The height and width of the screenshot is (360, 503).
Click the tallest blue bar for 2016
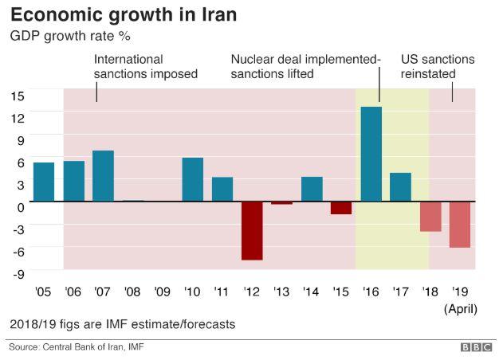tap(371, 154)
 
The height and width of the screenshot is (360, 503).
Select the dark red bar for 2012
tap(253, 230)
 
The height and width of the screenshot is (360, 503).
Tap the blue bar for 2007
tap(104, 175)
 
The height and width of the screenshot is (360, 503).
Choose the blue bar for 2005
tap(44, 182)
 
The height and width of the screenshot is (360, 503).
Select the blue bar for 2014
tap(312, 189)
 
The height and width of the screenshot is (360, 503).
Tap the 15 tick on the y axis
tap(18, 96)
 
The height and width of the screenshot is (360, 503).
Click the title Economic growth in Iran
tap(123, 14)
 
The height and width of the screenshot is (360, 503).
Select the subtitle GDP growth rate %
tap(69, 36)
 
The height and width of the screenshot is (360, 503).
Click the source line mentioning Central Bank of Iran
tap(77, 347)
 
